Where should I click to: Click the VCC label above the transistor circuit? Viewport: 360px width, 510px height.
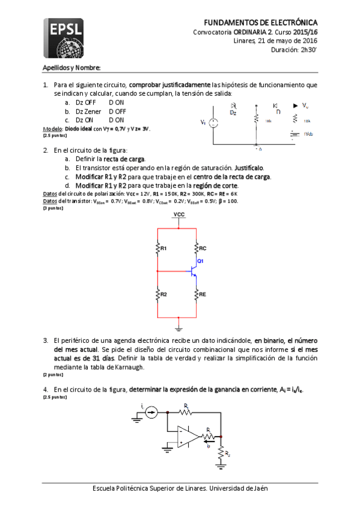pyautogui.click(x=178, y=215)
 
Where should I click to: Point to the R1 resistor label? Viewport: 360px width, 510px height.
pyautogui.click(x=163, y=248)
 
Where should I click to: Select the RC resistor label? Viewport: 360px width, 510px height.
pyautogui.click(x=203, y=248)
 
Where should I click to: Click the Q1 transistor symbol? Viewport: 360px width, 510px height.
pyautogui.click(x=194, y=271)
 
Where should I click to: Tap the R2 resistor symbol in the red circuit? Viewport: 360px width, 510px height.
pyautogui.click(x=157, y=294)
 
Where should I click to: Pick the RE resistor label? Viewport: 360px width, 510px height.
pyautogui.click(x=203, y=294)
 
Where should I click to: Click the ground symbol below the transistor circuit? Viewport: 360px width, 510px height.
pyautogui.click(x=178, y=327)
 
